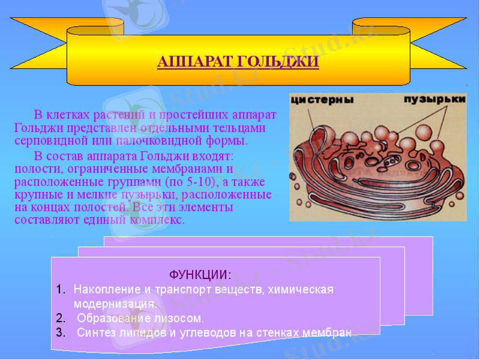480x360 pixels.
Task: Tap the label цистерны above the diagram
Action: coord(322,100)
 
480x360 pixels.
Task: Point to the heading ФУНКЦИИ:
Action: coord(200,275)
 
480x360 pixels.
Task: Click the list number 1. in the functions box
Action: coord(61,290)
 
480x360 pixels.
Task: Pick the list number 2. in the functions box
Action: coord(61,318)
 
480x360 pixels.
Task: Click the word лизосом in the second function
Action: coord(181,318)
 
